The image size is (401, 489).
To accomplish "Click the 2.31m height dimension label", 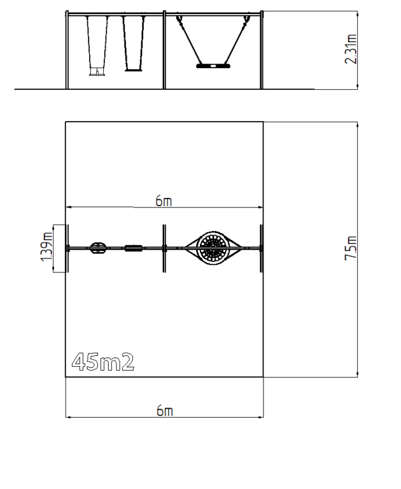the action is (351, 49).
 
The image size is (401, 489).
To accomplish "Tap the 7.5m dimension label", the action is (351, 248).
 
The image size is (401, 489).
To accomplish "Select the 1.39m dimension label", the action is (46, 246).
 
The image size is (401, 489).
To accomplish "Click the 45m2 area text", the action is (103, 362).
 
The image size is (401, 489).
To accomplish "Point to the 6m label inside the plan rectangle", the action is (164, 201).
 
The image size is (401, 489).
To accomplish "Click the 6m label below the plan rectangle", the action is (165, 411).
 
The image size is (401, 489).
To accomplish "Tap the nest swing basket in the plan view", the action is (213, 248).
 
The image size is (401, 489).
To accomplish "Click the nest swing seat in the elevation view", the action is (213, 66).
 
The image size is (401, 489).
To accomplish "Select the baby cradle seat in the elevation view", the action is (97, 72).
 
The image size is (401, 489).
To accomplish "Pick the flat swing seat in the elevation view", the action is (134, 70).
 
